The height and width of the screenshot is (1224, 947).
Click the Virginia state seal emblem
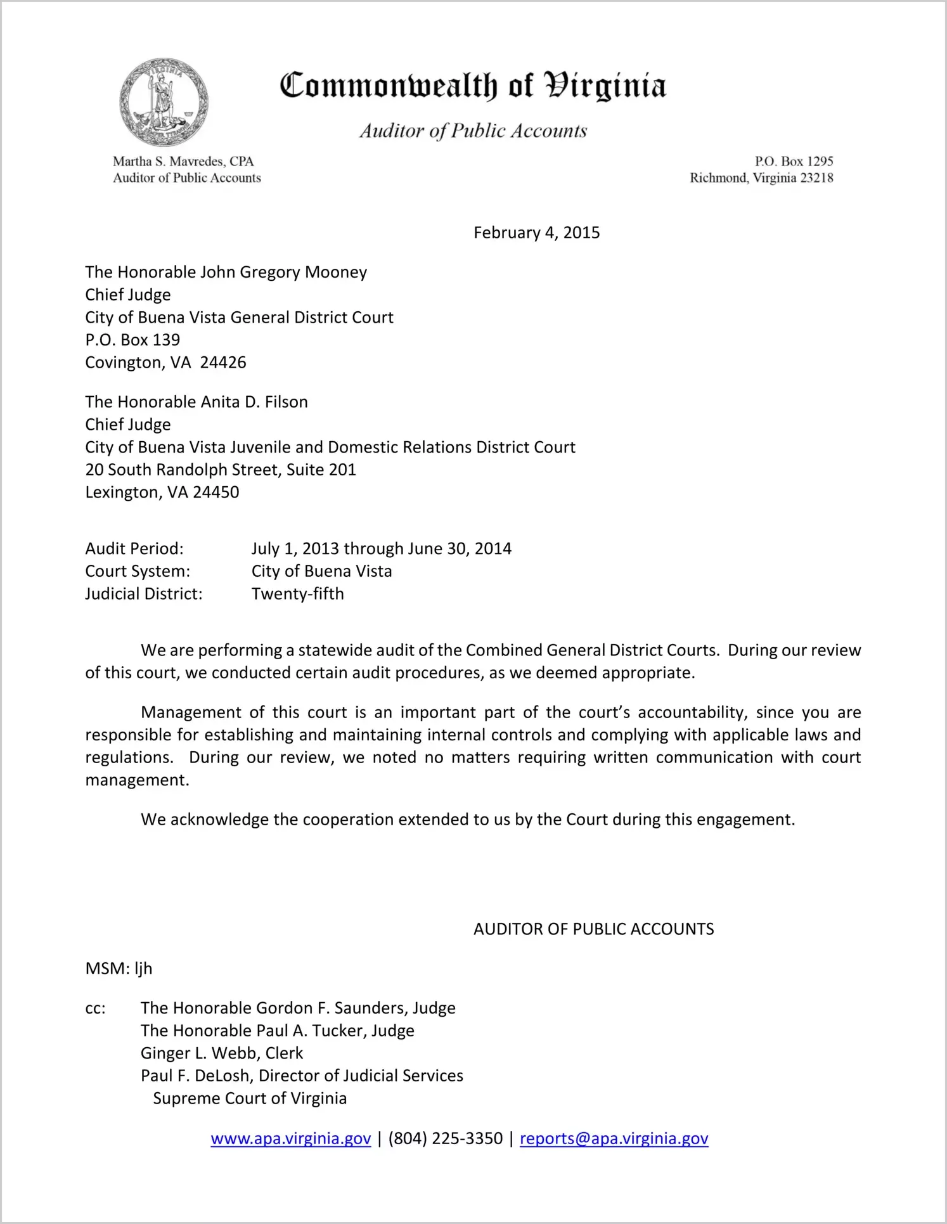coord(164,102)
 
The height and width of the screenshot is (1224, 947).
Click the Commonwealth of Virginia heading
coord(473,86)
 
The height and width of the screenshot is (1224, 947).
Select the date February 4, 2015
coord(536,233)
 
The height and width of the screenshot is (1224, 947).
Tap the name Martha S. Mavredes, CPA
coord(183,162)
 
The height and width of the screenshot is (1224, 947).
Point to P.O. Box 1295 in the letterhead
coord(794,162)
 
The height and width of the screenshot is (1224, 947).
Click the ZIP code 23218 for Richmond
coord(816,178)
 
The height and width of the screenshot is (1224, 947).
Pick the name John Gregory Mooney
coord(283,272)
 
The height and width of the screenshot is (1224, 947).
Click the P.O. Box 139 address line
coord(132,340)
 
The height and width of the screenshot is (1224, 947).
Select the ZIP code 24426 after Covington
coord(223,363)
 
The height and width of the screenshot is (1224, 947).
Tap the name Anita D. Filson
coord(254,402)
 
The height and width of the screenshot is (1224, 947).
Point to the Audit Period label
coord(134,548)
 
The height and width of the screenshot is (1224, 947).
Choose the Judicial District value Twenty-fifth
coord(297,594)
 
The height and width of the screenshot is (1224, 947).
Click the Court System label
coord(138,571)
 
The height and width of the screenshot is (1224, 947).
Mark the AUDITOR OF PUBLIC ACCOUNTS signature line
coord(593,929)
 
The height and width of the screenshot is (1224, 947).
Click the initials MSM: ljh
coord(119,969)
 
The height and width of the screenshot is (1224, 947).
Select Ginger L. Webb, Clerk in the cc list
coord(222,1053)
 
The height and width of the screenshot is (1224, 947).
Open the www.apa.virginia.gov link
coord(290,1138)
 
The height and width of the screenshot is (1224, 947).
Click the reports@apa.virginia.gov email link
coord(614,1138)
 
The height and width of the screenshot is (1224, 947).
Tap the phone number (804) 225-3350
coord(445,1138)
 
